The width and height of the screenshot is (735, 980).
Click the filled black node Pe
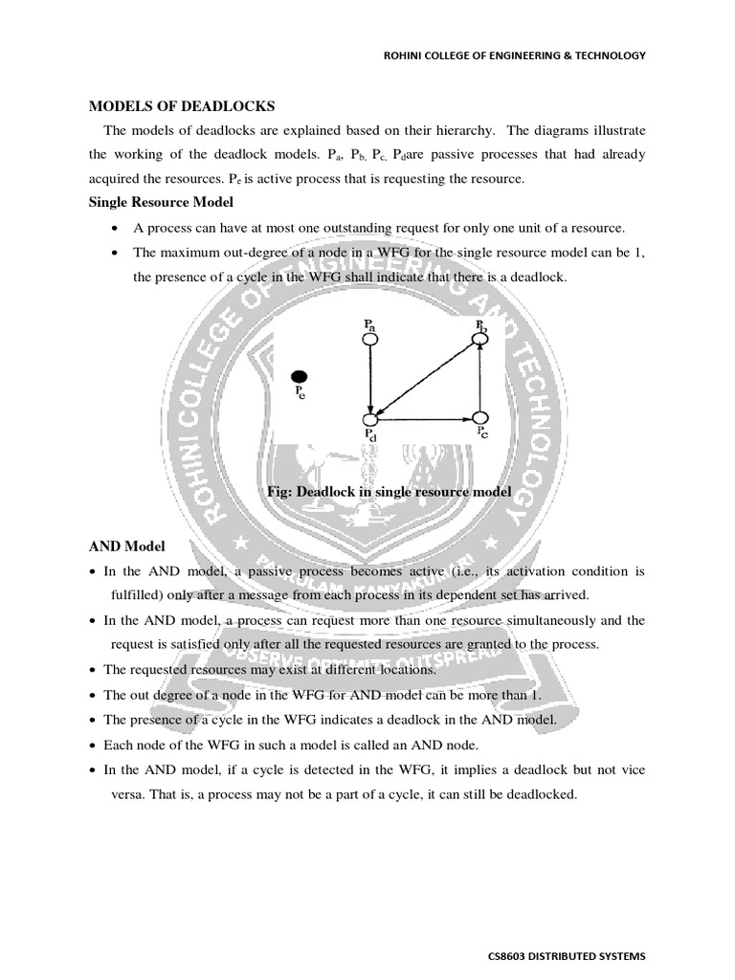pyautogui.click(x=300, y=376)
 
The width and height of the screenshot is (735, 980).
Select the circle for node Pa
pyautogui.click(x=370, y=338)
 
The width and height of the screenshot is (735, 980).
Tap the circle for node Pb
pyautogui.click(x=481, y=338)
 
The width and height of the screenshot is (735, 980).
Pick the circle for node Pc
pyautogui.click(x=481, y=418)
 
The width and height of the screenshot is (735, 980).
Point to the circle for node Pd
pyautogui.click(x=371, y=418)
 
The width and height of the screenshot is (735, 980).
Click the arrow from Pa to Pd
pyautogui.click(x=370, y=378)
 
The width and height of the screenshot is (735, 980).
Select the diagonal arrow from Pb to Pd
pyautogui.click(x=426, y=378)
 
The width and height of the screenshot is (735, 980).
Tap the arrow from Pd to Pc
pyautogui.click(x=426, y=418)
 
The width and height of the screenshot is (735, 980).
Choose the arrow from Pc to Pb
pyautogui.click(x=481, y=378)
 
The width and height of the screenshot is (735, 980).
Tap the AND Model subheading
pyautogui.click(x=127, y=546)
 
